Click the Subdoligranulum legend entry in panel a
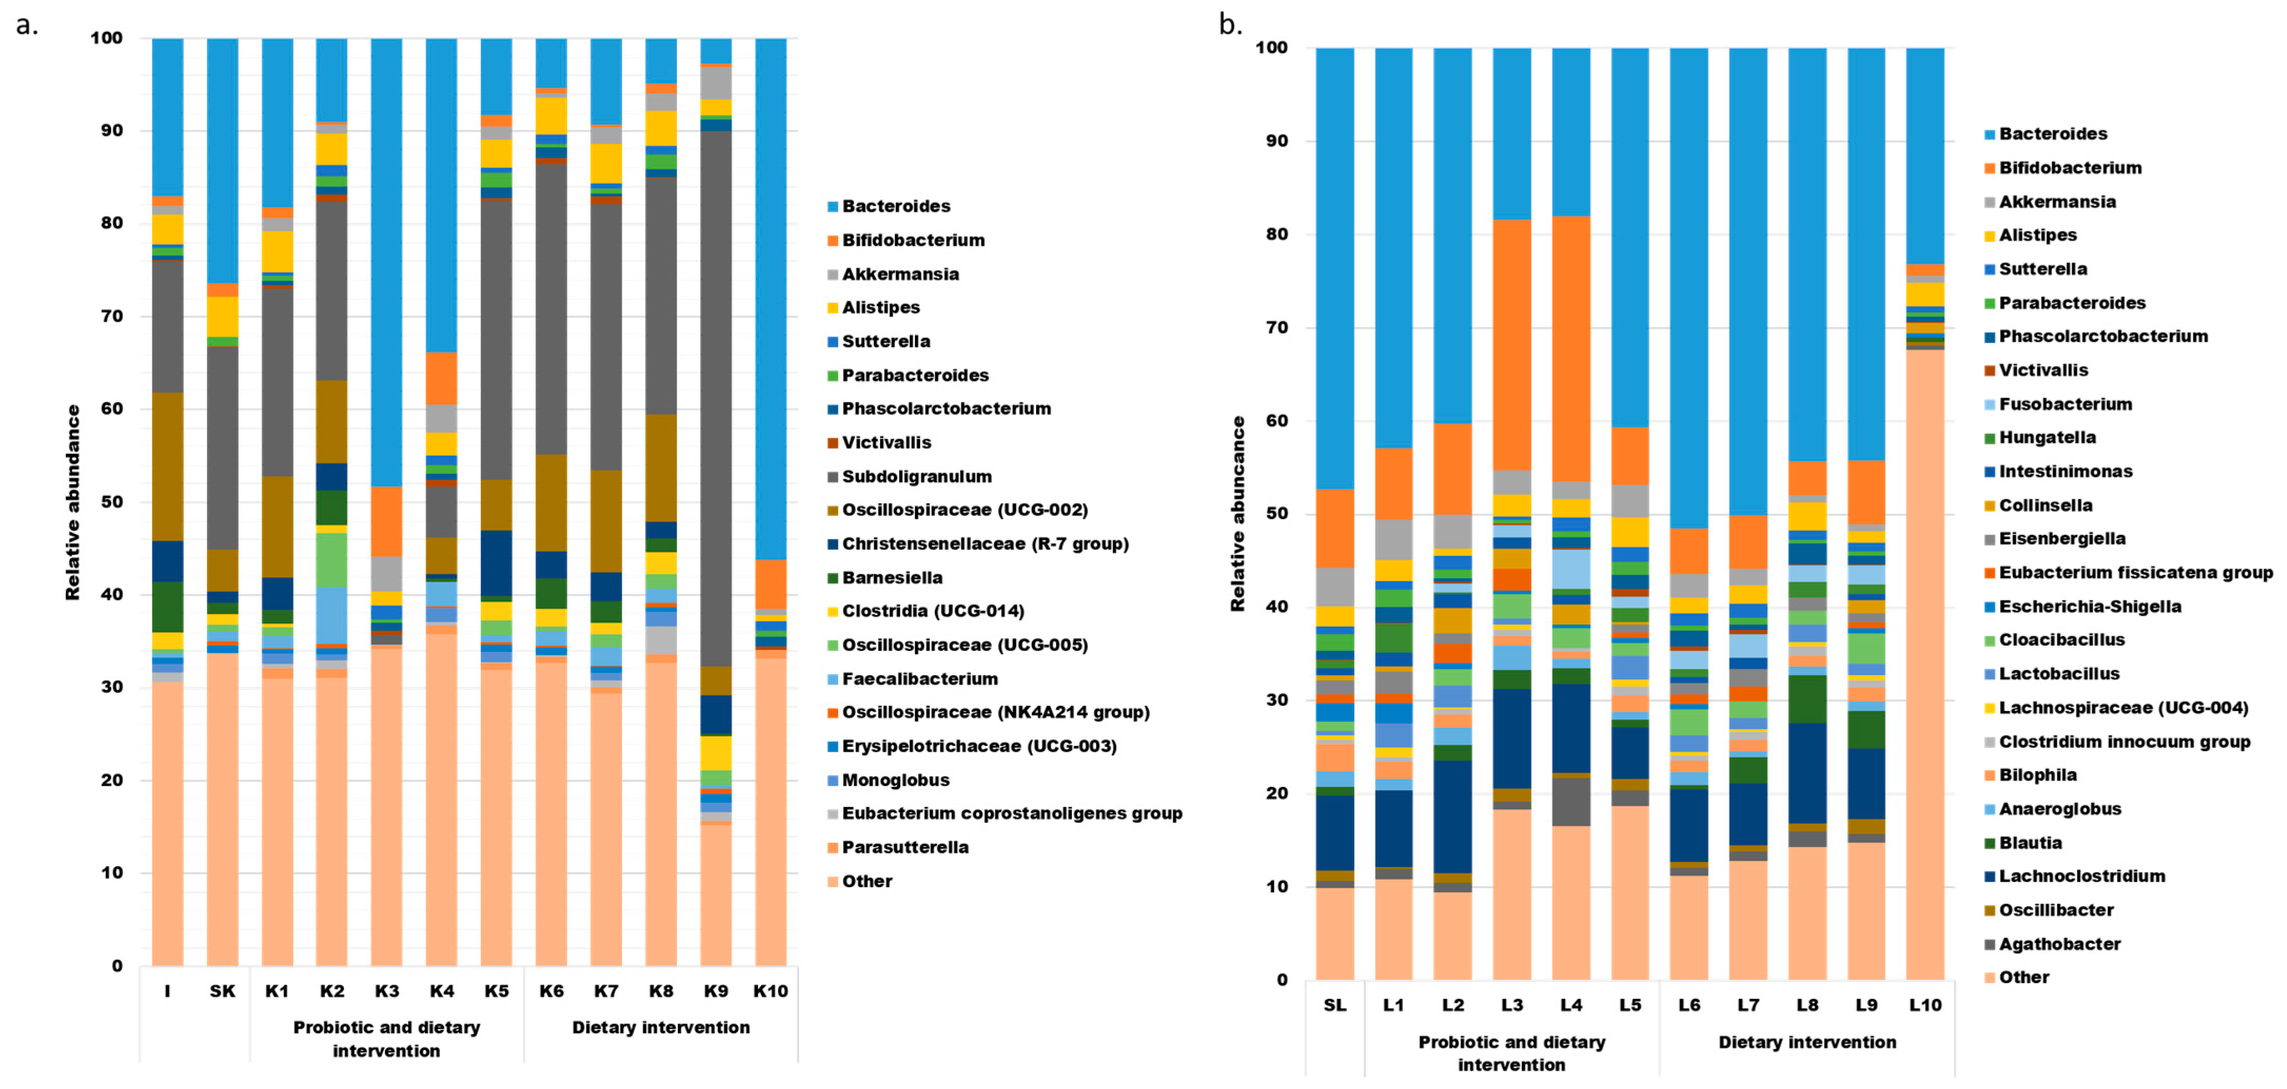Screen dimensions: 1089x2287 click(x=916, y=477)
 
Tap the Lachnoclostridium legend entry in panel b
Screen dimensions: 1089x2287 click(x=2081, y=877)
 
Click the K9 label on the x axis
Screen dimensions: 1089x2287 click(x=716, y=991)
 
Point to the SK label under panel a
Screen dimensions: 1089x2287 click(x=222, y=991)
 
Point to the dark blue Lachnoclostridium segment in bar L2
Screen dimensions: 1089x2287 click(x=1453, y=817)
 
